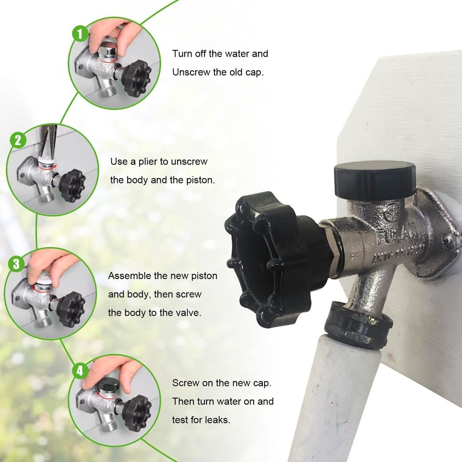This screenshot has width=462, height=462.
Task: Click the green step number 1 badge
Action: [80, 34]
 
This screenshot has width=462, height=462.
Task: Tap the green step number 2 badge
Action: [18, 140]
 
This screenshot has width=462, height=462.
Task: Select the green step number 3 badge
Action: [16, 264]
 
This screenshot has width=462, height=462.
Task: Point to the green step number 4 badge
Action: [80, 371]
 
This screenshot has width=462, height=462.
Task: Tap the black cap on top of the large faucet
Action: [375, 180]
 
